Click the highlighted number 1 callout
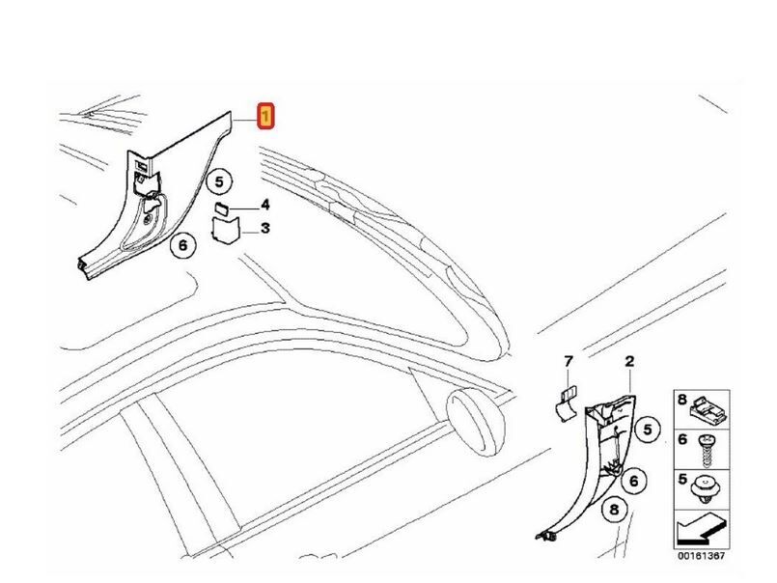pyautogui.click(x=265, y=117)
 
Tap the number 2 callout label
pyautogui.click(x=629, y=361)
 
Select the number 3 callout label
pyautogui.click(x=265, y=228)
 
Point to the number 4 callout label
pyautogui.click(x=265, y=205)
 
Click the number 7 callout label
pyautogui.click(x=569, y=361)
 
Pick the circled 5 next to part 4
pyautogui.click(x=219, y=182)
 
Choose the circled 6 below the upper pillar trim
pyautogui.click(x=182, y=245)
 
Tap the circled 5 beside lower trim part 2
pyautogui.click(x=647, y=430)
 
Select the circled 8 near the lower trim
pyautogui.click(x=615, y=510)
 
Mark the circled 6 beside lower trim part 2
pyautogui.click(x=633, y=481)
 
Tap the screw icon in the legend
pyautogui.click(x=707, y=450)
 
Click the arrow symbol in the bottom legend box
pyautogui.click(x=701, y=529)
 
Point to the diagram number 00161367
pyautogui.click(x=701, y=556)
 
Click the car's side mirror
pyautogui.click(x=476, y=422)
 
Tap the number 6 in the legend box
pyautogui.click(x=682, y=439)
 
